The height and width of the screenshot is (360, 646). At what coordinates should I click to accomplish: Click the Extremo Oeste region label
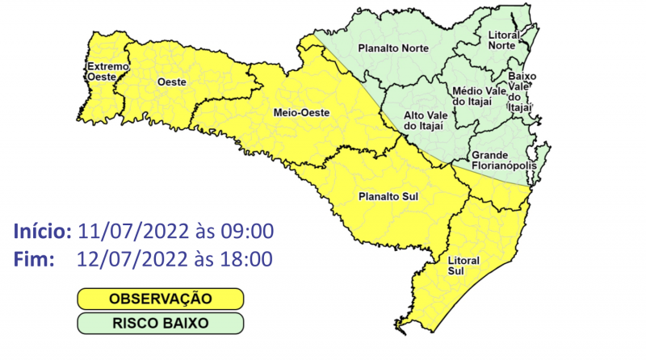click(x=103, y=72)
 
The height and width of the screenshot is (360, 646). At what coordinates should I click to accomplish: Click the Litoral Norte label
click(x=506, y=40)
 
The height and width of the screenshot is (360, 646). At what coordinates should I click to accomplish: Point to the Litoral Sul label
click(x=464, y=266)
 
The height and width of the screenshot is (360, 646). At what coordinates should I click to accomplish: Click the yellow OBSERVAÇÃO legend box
click(x=160, y=299)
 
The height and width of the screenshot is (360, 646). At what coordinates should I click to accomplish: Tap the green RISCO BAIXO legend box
click(x=160, y=323)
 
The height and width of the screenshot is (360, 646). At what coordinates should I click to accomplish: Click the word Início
click(x=44, y=232)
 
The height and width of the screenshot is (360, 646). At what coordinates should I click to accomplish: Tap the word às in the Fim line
click(x=199, y=260)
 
